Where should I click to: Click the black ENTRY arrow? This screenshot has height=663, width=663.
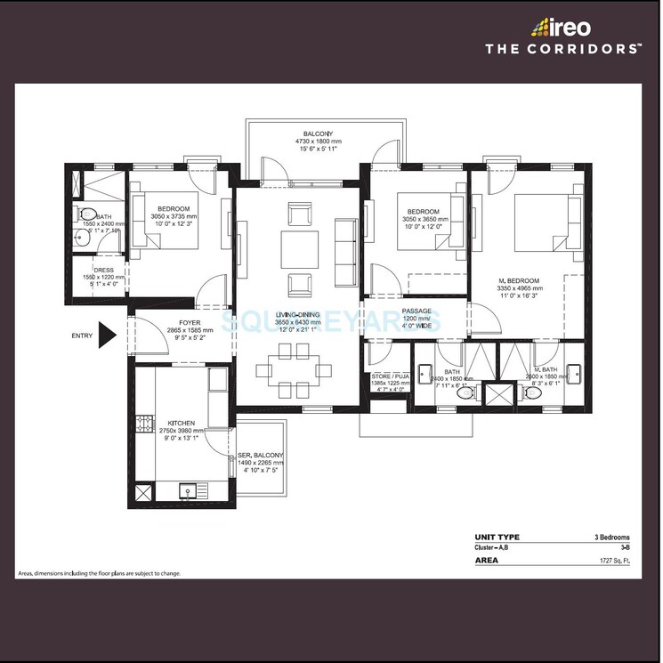pos(107,335)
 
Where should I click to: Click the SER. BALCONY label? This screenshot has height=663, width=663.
pos(262,455)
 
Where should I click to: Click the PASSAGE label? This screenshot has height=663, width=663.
pos(416,311)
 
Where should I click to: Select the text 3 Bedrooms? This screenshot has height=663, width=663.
pos(611,538)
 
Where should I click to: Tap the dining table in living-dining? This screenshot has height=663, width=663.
pos(299,369)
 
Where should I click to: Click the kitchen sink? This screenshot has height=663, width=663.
pos(188,489)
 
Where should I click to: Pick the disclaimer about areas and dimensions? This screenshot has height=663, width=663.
pos(99,573)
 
